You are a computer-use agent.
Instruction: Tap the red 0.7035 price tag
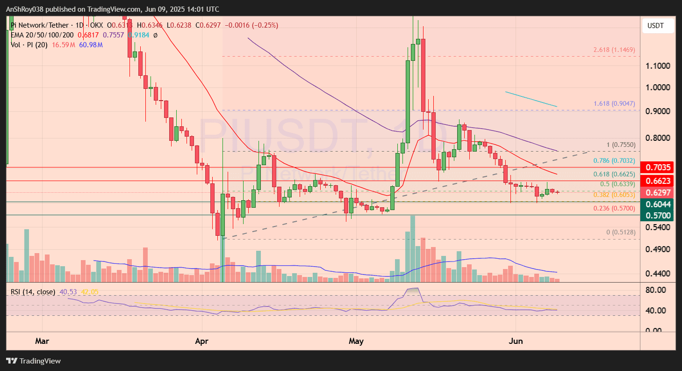[658, 167]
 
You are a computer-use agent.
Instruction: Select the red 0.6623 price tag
[658, 181]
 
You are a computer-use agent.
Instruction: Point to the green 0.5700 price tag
[658, 216]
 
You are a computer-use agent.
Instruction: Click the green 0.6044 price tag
[658, 204]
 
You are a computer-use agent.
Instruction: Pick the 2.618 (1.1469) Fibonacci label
[614, 50]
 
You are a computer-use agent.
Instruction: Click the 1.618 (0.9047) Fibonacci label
[614, 103]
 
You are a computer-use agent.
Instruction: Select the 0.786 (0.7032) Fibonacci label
[614, 160]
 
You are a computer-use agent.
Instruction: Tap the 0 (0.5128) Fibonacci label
[620, 232]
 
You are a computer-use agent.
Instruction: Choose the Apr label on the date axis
[202, 341]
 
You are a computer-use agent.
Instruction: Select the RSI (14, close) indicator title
[33, 292]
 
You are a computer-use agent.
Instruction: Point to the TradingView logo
[33, 361]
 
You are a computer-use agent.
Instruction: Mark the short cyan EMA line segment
[531, 99]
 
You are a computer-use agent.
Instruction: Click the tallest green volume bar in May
[413, 248]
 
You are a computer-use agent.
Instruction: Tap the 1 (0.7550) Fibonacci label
[621, 145]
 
